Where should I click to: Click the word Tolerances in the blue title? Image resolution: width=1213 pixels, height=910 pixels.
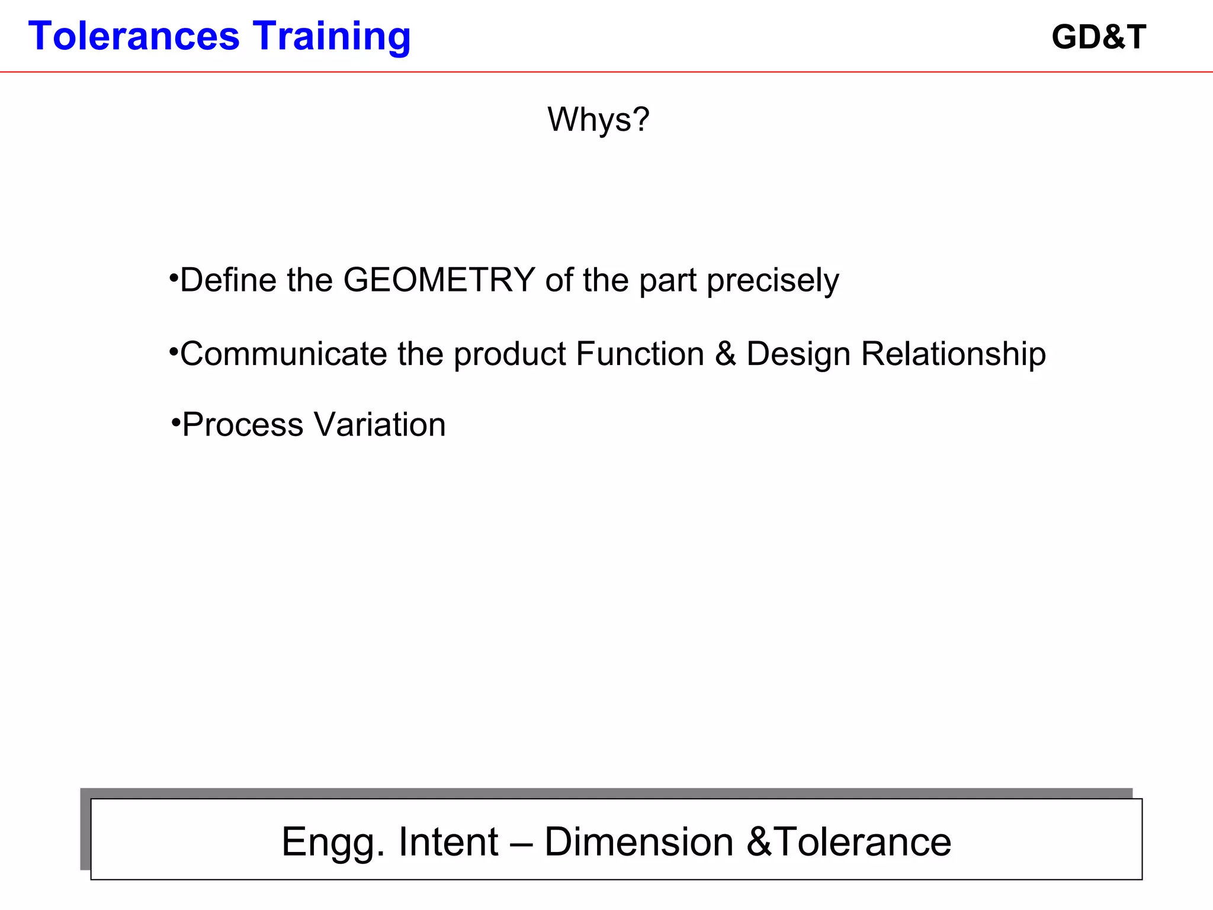pyautogui.click(x=134, y=36)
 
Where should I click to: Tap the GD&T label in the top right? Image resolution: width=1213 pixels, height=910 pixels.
pyautogui.click(x=1099, y=37)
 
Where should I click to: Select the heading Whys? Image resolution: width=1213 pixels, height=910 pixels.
pyautogui.click(x=598, y=120)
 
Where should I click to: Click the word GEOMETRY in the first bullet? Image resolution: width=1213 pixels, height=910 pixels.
pyautogui.click(x=439, y=280)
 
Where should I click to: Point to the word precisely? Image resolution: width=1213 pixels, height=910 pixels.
pyautogui.click(x=773, y=281)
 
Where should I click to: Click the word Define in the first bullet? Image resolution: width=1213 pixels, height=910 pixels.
pyautogui.click(x=227, y=280)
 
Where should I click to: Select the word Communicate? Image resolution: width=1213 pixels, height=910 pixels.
pyautogui.click(x=283, y=354)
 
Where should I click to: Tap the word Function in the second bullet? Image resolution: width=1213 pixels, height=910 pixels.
pyautogui.click(x=640, y=354)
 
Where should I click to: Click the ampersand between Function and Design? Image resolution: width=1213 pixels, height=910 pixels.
pyautogui.click(x=726, y=354)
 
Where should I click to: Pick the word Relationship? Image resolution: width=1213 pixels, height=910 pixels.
pyautogui.click(x=953, y=355)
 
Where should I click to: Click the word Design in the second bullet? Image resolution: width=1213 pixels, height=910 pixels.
pyautogui.click(x=798, y=355)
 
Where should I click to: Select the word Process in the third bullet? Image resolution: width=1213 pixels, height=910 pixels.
pyautogui.click(x=243, y=425)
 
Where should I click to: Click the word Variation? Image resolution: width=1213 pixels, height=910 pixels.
pyautogui.click(x=380, y=425)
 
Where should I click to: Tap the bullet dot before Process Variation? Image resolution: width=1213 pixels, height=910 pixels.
pyautogui.click(x=176, y=422)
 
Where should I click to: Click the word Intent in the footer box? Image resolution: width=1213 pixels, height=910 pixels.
pyautogui.click(x=448, y=842)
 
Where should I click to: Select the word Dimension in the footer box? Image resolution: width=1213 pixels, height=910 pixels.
pyautogui.click(x=638, y=842)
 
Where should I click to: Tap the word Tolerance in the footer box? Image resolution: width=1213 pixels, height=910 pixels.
pyautogui.click(x=862, y=842)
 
